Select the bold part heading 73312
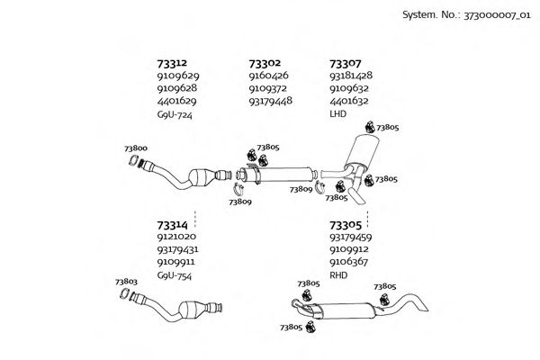pyautogui.click(x=172, y=64)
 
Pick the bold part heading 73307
pyautogui.click(x=346, y=64)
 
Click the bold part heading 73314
pyautogui.click(x=172, y=222)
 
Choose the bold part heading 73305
pyautogui.click(x=346, y=225)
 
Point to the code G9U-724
pyautogui.click(x=175, y=115)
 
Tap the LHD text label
pyautogui.click(x=338, y=115)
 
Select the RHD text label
pyautogui.click(x=338, y=275)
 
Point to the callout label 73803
pyautogui.click(x=126, y=283)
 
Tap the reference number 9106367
pyautogui.click(x=350, y=263)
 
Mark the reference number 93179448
pyautogui.click(x=270, y=102)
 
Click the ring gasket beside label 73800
pyautogui.click(x=135, y=163)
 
